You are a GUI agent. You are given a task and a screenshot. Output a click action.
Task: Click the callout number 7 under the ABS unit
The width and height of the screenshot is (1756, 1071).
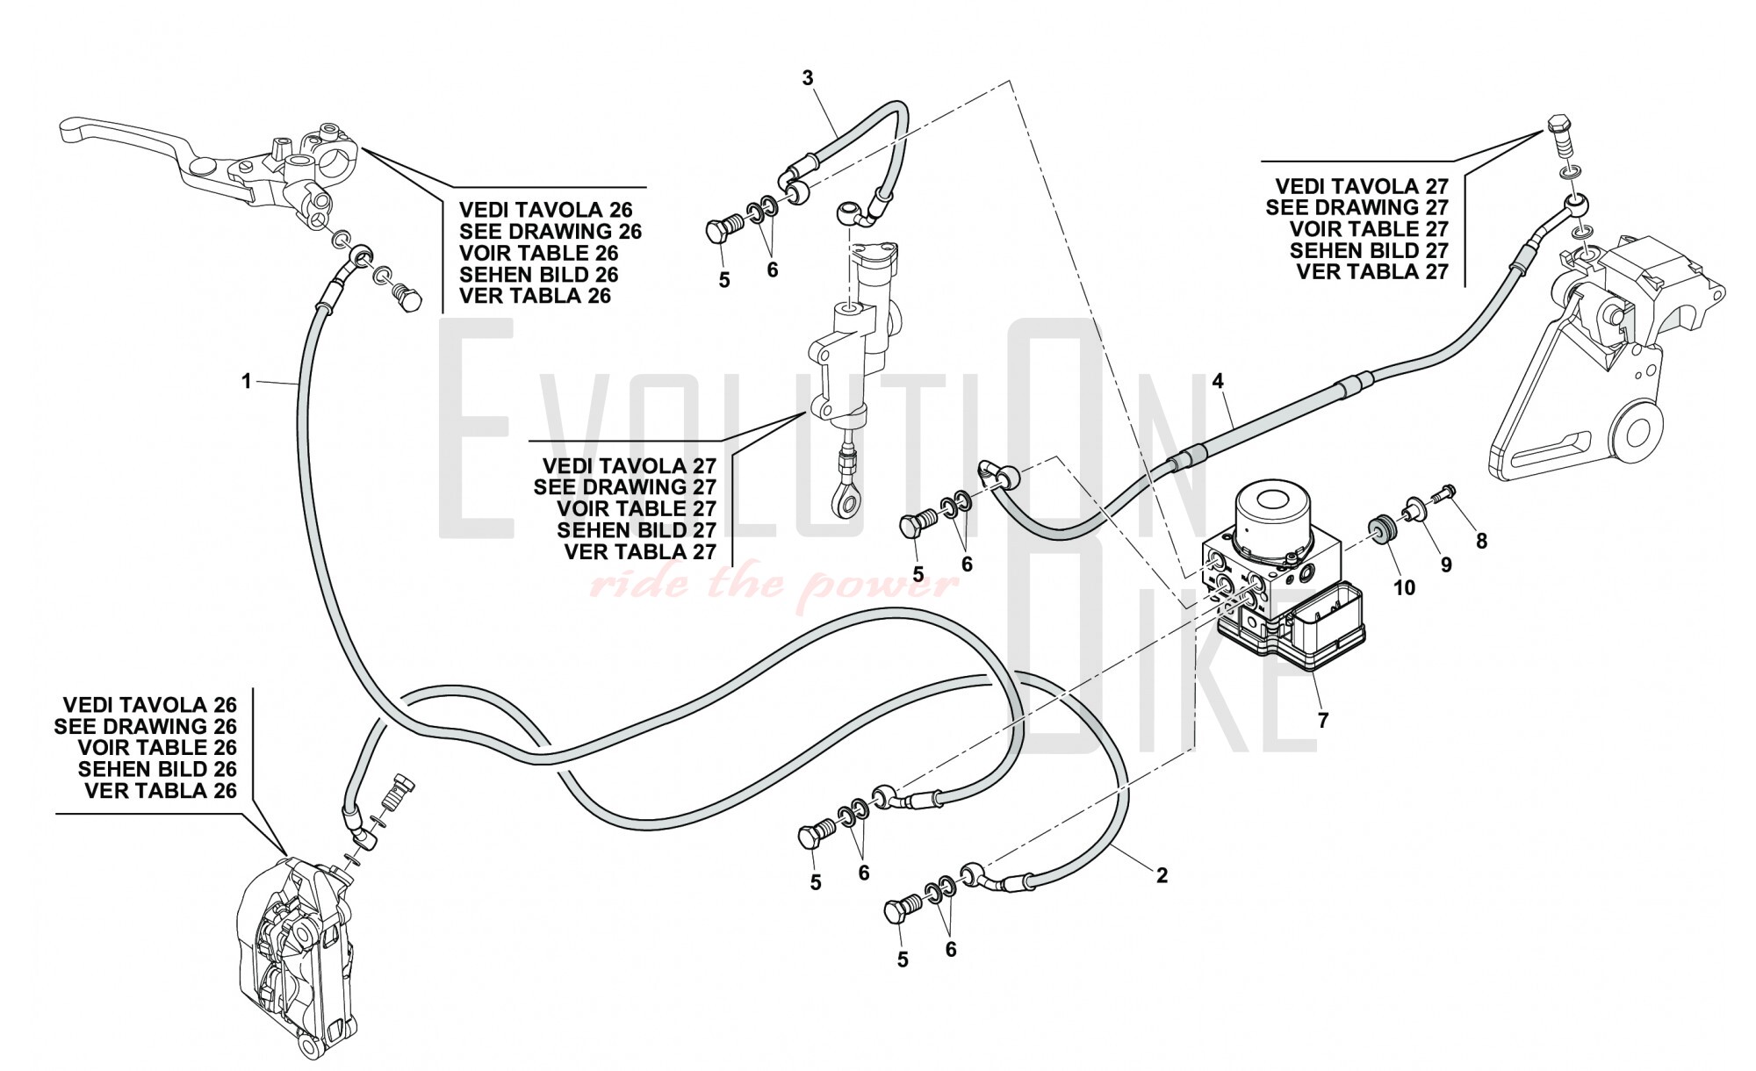[x=1323, y=721]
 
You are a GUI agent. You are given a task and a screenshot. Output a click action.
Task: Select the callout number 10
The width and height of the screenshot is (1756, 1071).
[x=1405, y=587]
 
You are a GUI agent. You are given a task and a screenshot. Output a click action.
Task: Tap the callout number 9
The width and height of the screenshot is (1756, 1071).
[x=1446, y=564]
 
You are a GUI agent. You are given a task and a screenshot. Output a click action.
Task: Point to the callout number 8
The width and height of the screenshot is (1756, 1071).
[x=1482, y=542]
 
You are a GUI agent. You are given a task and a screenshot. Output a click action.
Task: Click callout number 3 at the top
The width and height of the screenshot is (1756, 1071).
[x=808, y=78]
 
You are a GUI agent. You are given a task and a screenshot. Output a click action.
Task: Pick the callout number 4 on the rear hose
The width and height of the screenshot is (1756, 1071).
[x=1218, y=381]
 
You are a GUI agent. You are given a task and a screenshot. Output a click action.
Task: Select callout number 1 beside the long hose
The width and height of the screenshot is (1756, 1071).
[x=247, y=381]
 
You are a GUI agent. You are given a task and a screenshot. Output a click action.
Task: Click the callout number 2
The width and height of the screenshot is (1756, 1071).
[x=1162, y=875]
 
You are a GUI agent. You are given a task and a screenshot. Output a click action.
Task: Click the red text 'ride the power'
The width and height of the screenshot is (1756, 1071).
[x=773, y=582]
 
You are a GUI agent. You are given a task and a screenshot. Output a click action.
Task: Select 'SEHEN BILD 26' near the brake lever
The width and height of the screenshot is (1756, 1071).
[x=538, y=275]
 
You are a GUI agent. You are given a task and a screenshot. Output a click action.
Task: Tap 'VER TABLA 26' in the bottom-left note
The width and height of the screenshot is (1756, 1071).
[x=161, y=791]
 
